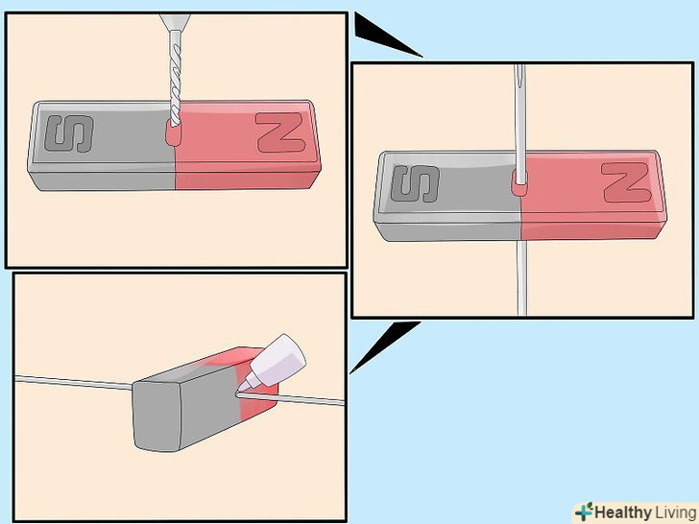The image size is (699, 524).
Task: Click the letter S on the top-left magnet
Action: pos(69,133)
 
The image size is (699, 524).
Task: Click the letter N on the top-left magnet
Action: pos(280,132)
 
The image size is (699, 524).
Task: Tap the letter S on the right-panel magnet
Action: pos(416,183)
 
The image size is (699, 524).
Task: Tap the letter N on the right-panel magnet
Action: pos(625,182)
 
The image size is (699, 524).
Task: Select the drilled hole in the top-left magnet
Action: pos(174,134)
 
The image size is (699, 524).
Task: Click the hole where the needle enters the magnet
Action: pos(518,183)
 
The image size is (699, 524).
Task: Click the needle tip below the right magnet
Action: pos(521,312)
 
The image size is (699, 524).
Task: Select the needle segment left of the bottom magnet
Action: pos(74,383)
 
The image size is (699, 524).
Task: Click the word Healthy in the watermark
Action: pos(622,512)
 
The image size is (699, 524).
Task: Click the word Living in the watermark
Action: pos(674,512)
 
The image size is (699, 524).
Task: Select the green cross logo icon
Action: pos(584,512)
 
